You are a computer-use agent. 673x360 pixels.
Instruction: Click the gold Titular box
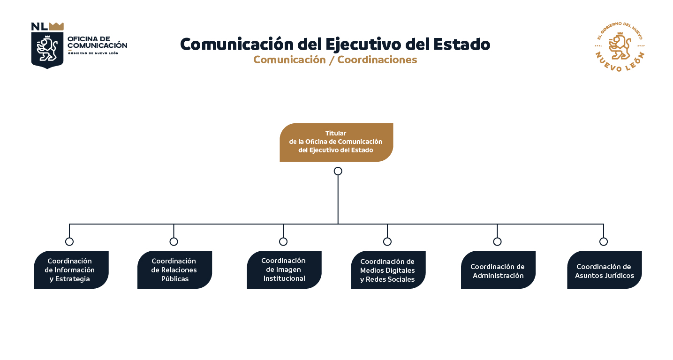(336, 142)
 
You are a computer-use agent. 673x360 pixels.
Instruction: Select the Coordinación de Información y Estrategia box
(71, 270)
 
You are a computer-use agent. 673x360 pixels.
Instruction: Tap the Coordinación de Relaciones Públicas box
(174, 270)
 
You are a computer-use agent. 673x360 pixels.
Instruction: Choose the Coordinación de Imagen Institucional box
(284, 270)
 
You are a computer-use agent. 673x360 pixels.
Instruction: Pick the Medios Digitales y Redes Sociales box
(388, 270)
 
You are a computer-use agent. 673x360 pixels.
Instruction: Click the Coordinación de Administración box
(498, 270)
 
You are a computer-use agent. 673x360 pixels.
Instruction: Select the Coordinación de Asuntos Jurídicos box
(605, 270)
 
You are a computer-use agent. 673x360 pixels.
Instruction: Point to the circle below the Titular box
(338, 171)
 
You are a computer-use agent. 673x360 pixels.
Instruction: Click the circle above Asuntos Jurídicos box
(604, 241)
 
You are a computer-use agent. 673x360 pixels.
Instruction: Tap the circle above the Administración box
(497, 241)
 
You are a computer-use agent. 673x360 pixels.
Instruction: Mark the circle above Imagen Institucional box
(283, 241)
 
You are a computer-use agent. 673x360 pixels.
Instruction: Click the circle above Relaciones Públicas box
(174, 241)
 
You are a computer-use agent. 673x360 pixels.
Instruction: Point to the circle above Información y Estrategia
(69, 241)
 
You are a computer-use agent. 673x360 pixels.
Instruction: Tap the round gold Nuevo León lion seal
(620, 46)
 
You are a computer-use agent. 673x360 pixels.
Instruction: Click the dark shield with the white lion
(47, 50)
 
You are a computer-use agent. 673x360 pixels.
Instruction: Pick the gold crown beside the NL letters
(56, 26)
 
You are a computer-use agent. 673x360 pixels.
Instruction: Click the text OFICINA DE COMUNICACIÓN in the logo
(97, 42)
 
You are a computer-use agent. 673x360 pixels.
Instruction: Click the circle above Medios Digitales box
(387, 241)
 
